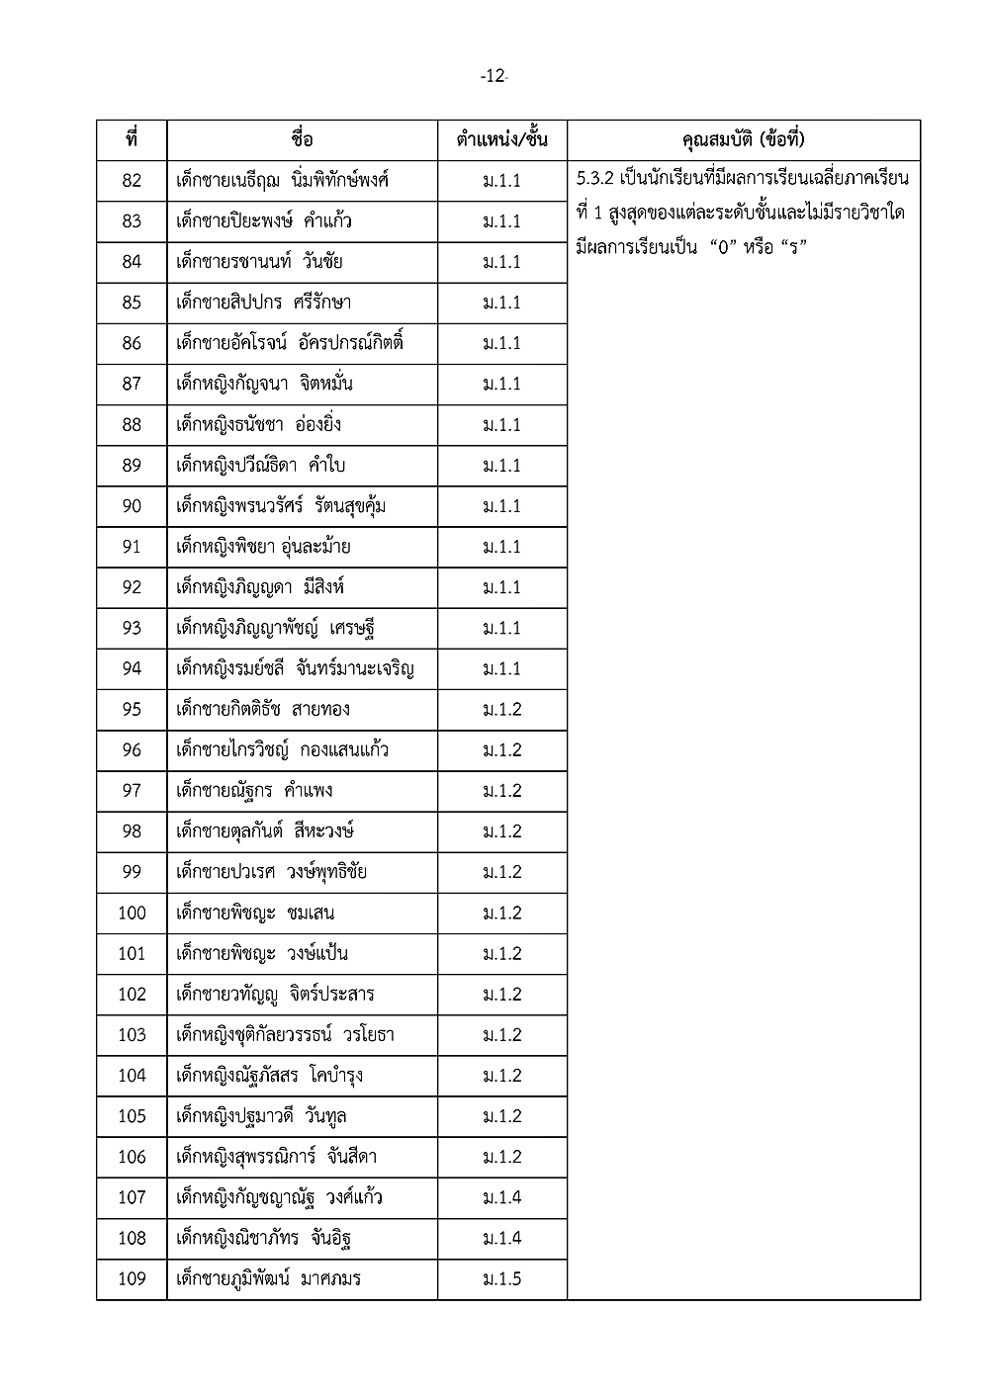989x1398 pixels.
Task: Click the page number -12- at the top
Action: coord(494,76)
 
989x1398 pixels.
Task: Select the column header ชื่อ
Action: coord(303,139)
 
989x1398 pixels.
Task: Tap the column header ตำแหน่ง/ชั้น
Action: coord(501,139)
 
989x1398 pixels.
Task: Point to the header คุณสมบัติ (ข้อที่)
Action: coord(744,139)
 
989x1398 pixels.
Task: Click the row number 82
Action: coord(132,181)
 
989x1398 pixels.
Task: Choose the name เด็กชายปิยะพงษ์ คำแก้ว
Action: coord(263,221)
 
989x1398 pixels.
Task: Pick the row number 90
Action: coord(132,506)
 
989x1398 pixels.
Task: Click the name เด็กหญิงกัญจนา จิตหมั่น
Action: coord(263,384)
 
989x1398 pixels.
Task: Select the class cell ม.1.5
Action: coord(501,1279)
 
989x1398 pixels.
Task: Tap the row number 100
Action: coord(132,913)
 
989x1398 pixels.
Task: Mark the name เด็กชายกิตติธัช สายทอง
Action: coord(262,709)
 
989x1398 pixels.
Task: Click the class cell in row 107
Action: coord(501,1197)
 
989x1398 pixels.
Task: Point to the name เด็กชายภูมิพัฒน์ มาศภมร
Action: coord(268,1279)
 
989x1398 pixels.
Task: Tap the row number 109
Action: coord(132,1279)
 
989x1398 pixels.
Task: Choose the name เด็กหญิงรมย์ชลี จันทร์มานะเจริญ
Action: coord(295,669)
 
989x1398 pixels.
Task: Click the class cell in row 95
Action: coord(501,709)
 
